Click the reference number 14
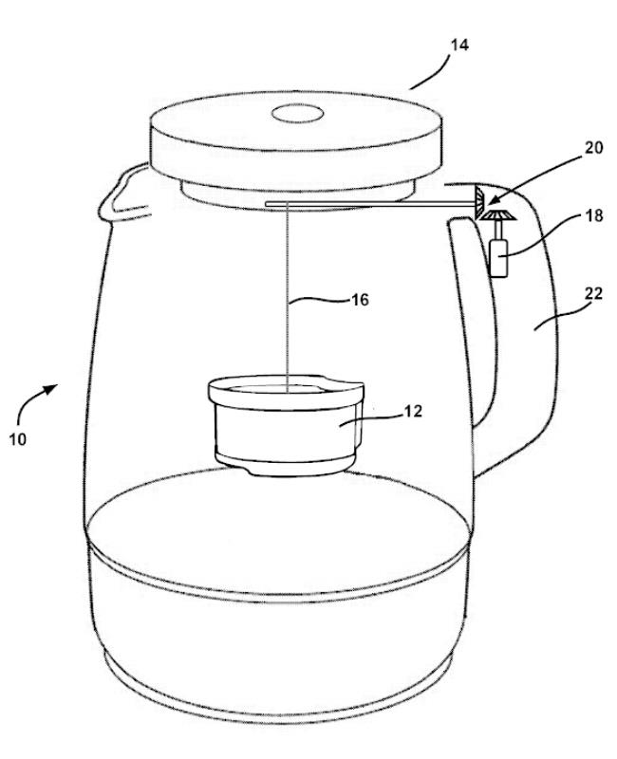tap(459, 45)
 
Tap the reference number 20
tap(594, 148)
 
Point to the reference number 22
tap(594, 293)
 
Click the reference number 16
tap(360, 300)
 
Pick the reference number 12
tap(413, 411)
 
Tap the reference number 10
tap(17, 439)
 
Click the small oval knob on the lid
tap(297, 114)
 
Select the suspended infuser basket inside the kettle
tap(287, 424)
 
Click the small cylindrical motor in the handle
tap(499, 257)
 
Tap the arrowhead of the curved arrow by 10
tap(51, 389)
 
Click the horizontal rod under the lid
tap(369, 205)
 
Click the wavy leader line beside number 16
tap(320, 301)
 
